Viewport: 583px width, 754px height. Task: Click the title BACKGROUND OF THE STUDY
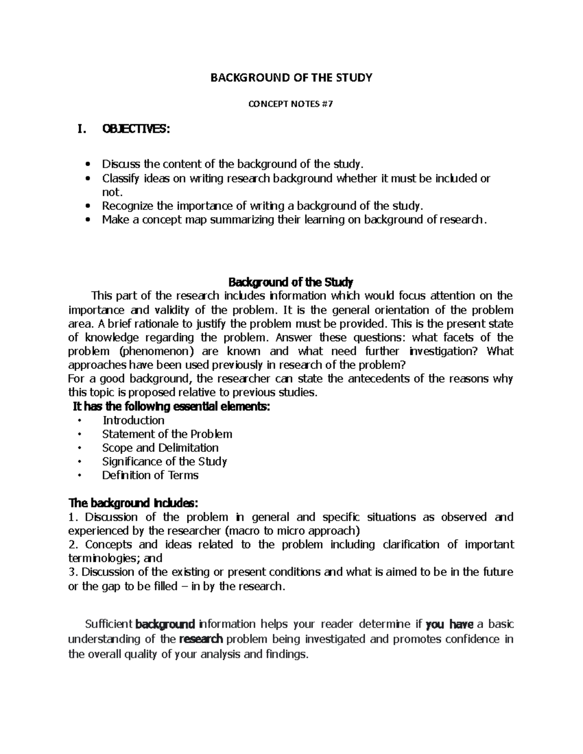click(x=291, y=77)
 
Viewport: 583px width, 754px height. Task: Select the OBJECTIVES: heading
click(x=136, y=129)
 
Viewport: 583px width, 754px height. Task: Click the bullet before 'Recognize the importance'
click(x=87, y=206)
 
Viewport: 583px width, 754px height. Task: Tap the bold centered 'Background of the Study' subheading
click(x=291, y=282)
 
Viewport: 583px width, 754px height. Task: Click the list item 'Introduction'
click(x=133, y=420)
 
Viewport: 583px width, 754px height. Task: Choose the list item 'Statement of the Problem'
click(x=167, y=434)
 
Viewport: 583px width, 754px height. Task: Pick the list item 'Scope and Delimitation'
click(x=160, y=447)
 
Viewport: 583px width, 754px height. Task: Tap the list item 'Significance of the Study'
click(x=164, y=461)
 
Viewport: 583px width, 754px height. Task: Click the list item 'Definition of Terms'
click(x=150, y=475)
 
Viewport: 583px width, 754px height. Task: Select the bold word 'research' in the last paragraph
click(x=201, y=639)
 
